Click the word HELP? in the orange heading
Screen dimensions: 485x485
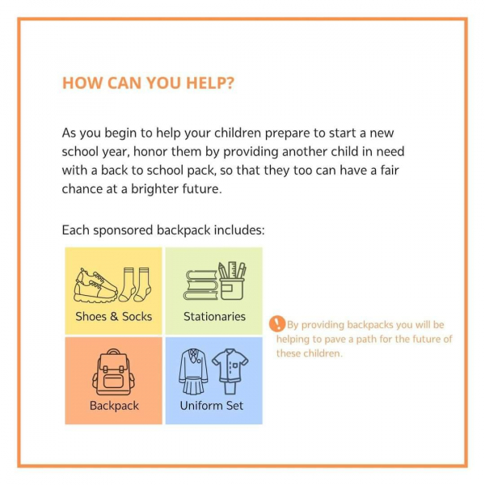[210, 83]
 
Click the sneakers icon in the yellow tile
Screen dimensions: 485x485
[95, 285]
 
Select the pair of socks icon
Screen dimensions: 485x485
[135, 285]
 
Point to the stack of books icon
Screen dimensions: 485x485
[200, 285]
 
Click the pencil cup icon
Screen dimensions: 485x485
[232, 280]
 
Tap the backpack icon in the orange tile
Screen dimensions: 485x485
[113, 372]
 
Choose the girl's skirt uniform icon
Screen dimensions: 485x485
[193, 372]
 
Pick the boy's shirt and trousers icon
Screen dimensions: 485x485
[230, 372]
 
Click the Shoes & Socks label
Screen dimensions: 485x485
[114, 316]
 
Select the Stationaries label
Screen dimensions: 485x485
[214, 316]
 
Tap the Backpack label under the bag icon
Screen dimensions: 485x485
[114, 406]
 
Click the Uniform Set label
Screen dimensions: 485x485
[212, 406]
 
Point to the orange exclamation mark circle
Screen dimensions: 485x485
[276, 323]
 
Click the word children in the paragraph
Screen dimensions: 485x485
[238, 133]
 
